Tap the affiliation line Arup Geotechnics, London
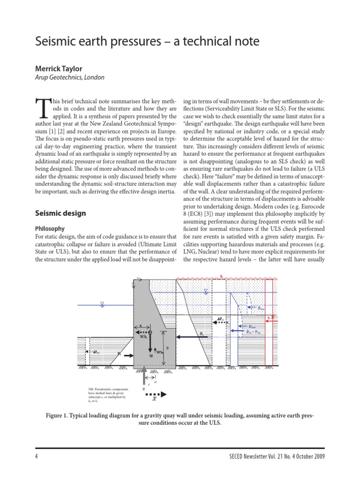(x=70, y=77)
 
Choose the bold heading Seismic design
(x=61, y=213)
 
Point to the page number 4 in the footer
(x=36, y=456)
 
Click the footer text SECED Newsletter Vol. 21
(x=281, y=456)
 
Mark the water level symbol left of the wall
(x=102, y=304)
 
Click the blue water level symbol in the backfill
(x=205, y=292)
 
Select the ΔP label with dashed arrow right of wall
(x=221, y=322)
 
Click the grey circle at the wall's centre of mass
(x=150, y=332)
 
